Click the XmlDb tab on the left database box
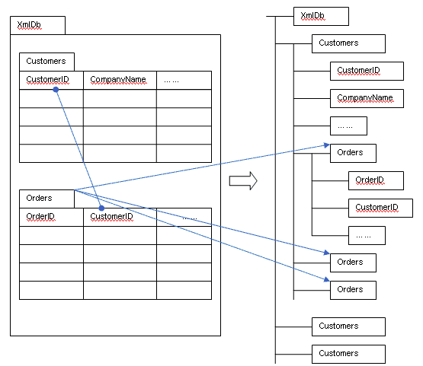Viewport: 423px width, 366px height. click(37, 25)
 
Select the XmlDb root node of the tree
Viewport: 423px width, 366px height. click(321, 17)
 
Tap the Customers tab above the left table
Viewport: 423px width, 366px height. click(46, 62)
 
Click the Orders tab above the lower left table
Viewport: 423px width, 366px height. click(46, 199)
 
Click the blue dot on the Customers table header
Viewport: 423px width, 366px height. click(56, 90)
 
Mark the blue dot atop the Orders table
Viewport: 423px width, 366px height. click(101, 208)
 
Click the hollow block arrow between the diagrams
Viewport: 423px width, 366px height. click(243, 180)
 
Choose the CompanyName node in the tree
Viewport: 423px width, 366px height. click(367, 99)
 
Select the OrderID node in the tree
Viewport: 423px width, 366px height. click(376, 180)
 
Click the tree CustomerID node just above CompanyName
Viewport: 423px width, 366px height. click(367, 71)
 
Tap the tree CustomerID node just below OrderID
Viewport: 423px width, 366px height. click(380, 208)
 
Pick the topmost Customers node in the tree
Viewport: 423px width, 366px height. click(348, 43)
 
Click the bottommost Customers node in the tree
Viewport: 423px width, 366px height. click(348, 354)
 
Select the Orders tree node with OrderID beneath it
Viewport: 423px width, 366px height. click(353, 153)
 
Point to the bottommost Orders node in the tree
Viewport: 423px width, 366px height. click(353, 290)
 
